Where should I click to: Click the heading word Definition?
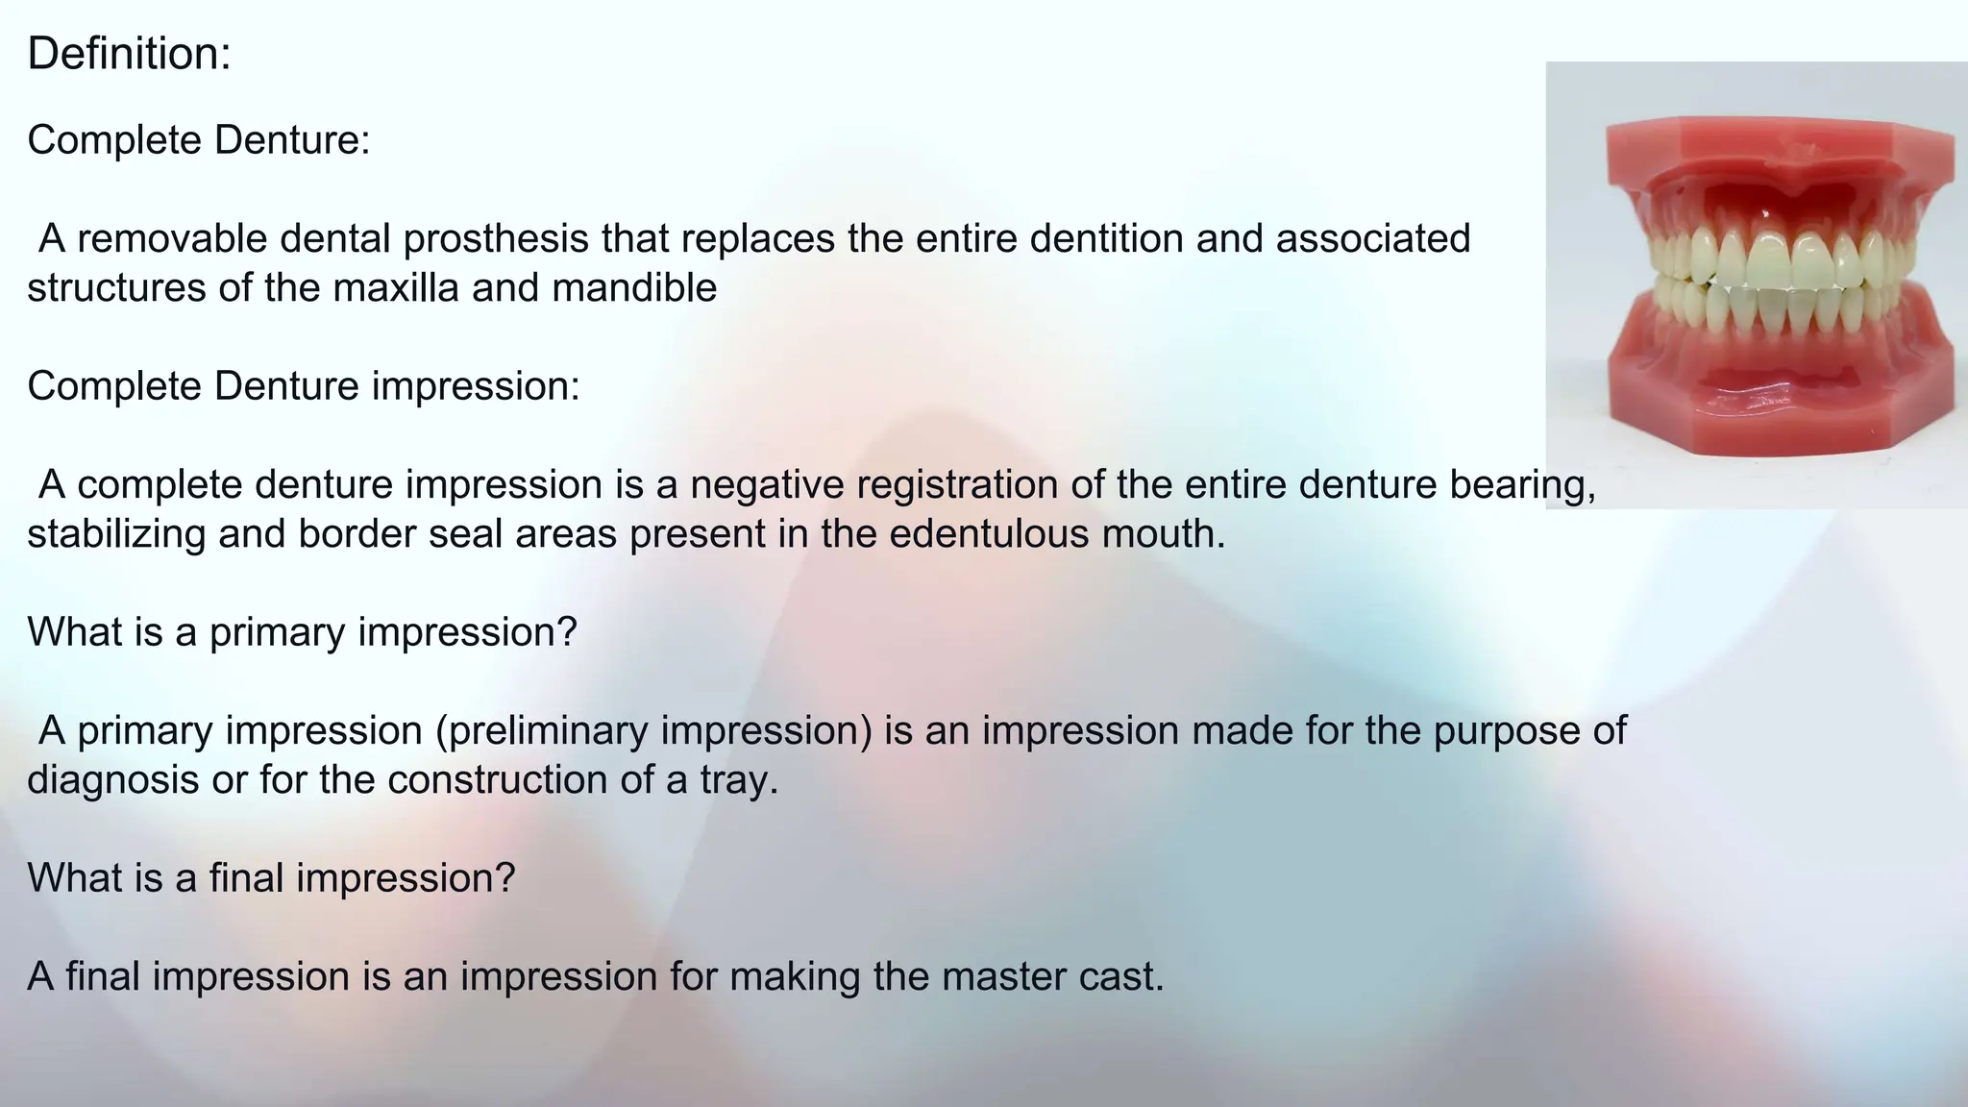pyautogui.click(x=129, y=54)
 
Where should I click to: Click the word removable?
pyautogui.click(x=172, y=238)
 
